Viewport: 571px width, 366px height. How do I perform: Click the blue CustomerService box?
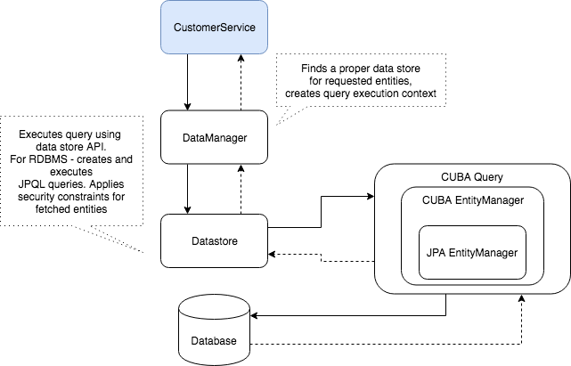point(214,27)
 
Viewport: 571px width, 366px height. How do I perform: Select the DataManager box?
point(214,138)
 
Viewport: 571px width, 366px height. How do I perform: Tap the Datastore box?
point(214,240)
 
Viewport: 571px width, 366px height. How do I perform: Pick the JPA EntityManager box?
point(472,252)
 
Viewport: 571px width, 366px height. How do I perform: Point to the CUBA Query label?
point(471,177)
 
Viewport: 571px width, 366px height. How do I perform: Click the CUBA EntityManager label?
point(471,199)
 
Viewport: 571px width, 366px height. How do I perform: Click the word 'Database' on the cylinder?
point(214,341)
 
